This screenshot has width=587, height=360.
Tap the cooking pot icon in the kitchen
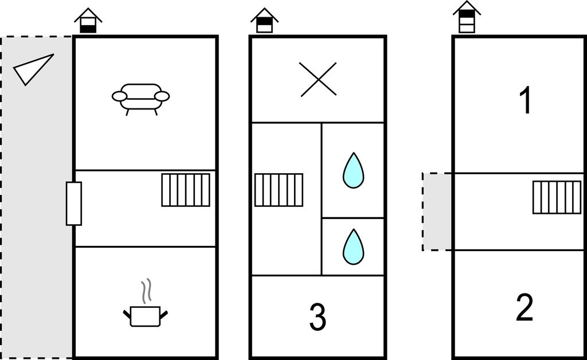(x=145, y=316)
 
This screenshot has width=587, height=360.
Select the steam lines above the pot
(x=146, y=291)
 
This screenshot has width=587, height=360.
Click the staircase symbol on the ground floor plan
(x=186, y=190)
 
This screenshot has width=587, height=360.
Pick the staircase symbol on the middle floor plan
(x=279, y=190)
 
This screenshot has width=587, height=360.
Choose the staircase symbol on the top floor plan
(x=557, y=197)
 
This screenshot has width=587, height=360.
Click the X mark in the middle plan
(x=318, y=79)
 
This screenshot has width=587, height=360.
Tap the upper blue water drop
(x=353, y=170)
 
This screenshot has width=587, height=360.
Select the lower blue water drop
(x=353, y=246)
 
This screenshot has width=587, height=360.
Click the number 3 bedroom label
(x=318, y=316)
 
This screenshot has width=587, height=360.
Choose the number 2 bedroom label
(x=524, y=307)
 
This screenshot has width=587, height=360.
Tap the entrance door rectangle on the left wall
(x=74, y=204)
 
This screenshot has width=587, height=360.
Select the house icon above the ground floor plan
(x=88, y=21)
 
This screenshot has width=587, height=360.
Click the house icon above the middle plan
(x=264, y=21)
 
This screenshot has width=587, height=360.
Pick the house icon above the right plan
(x=467, y=17)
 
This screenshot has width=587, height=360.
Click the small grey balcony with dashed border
(x=437, y=212)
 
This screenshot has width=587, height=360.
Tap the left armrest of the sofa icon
(x=120, y=96)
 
